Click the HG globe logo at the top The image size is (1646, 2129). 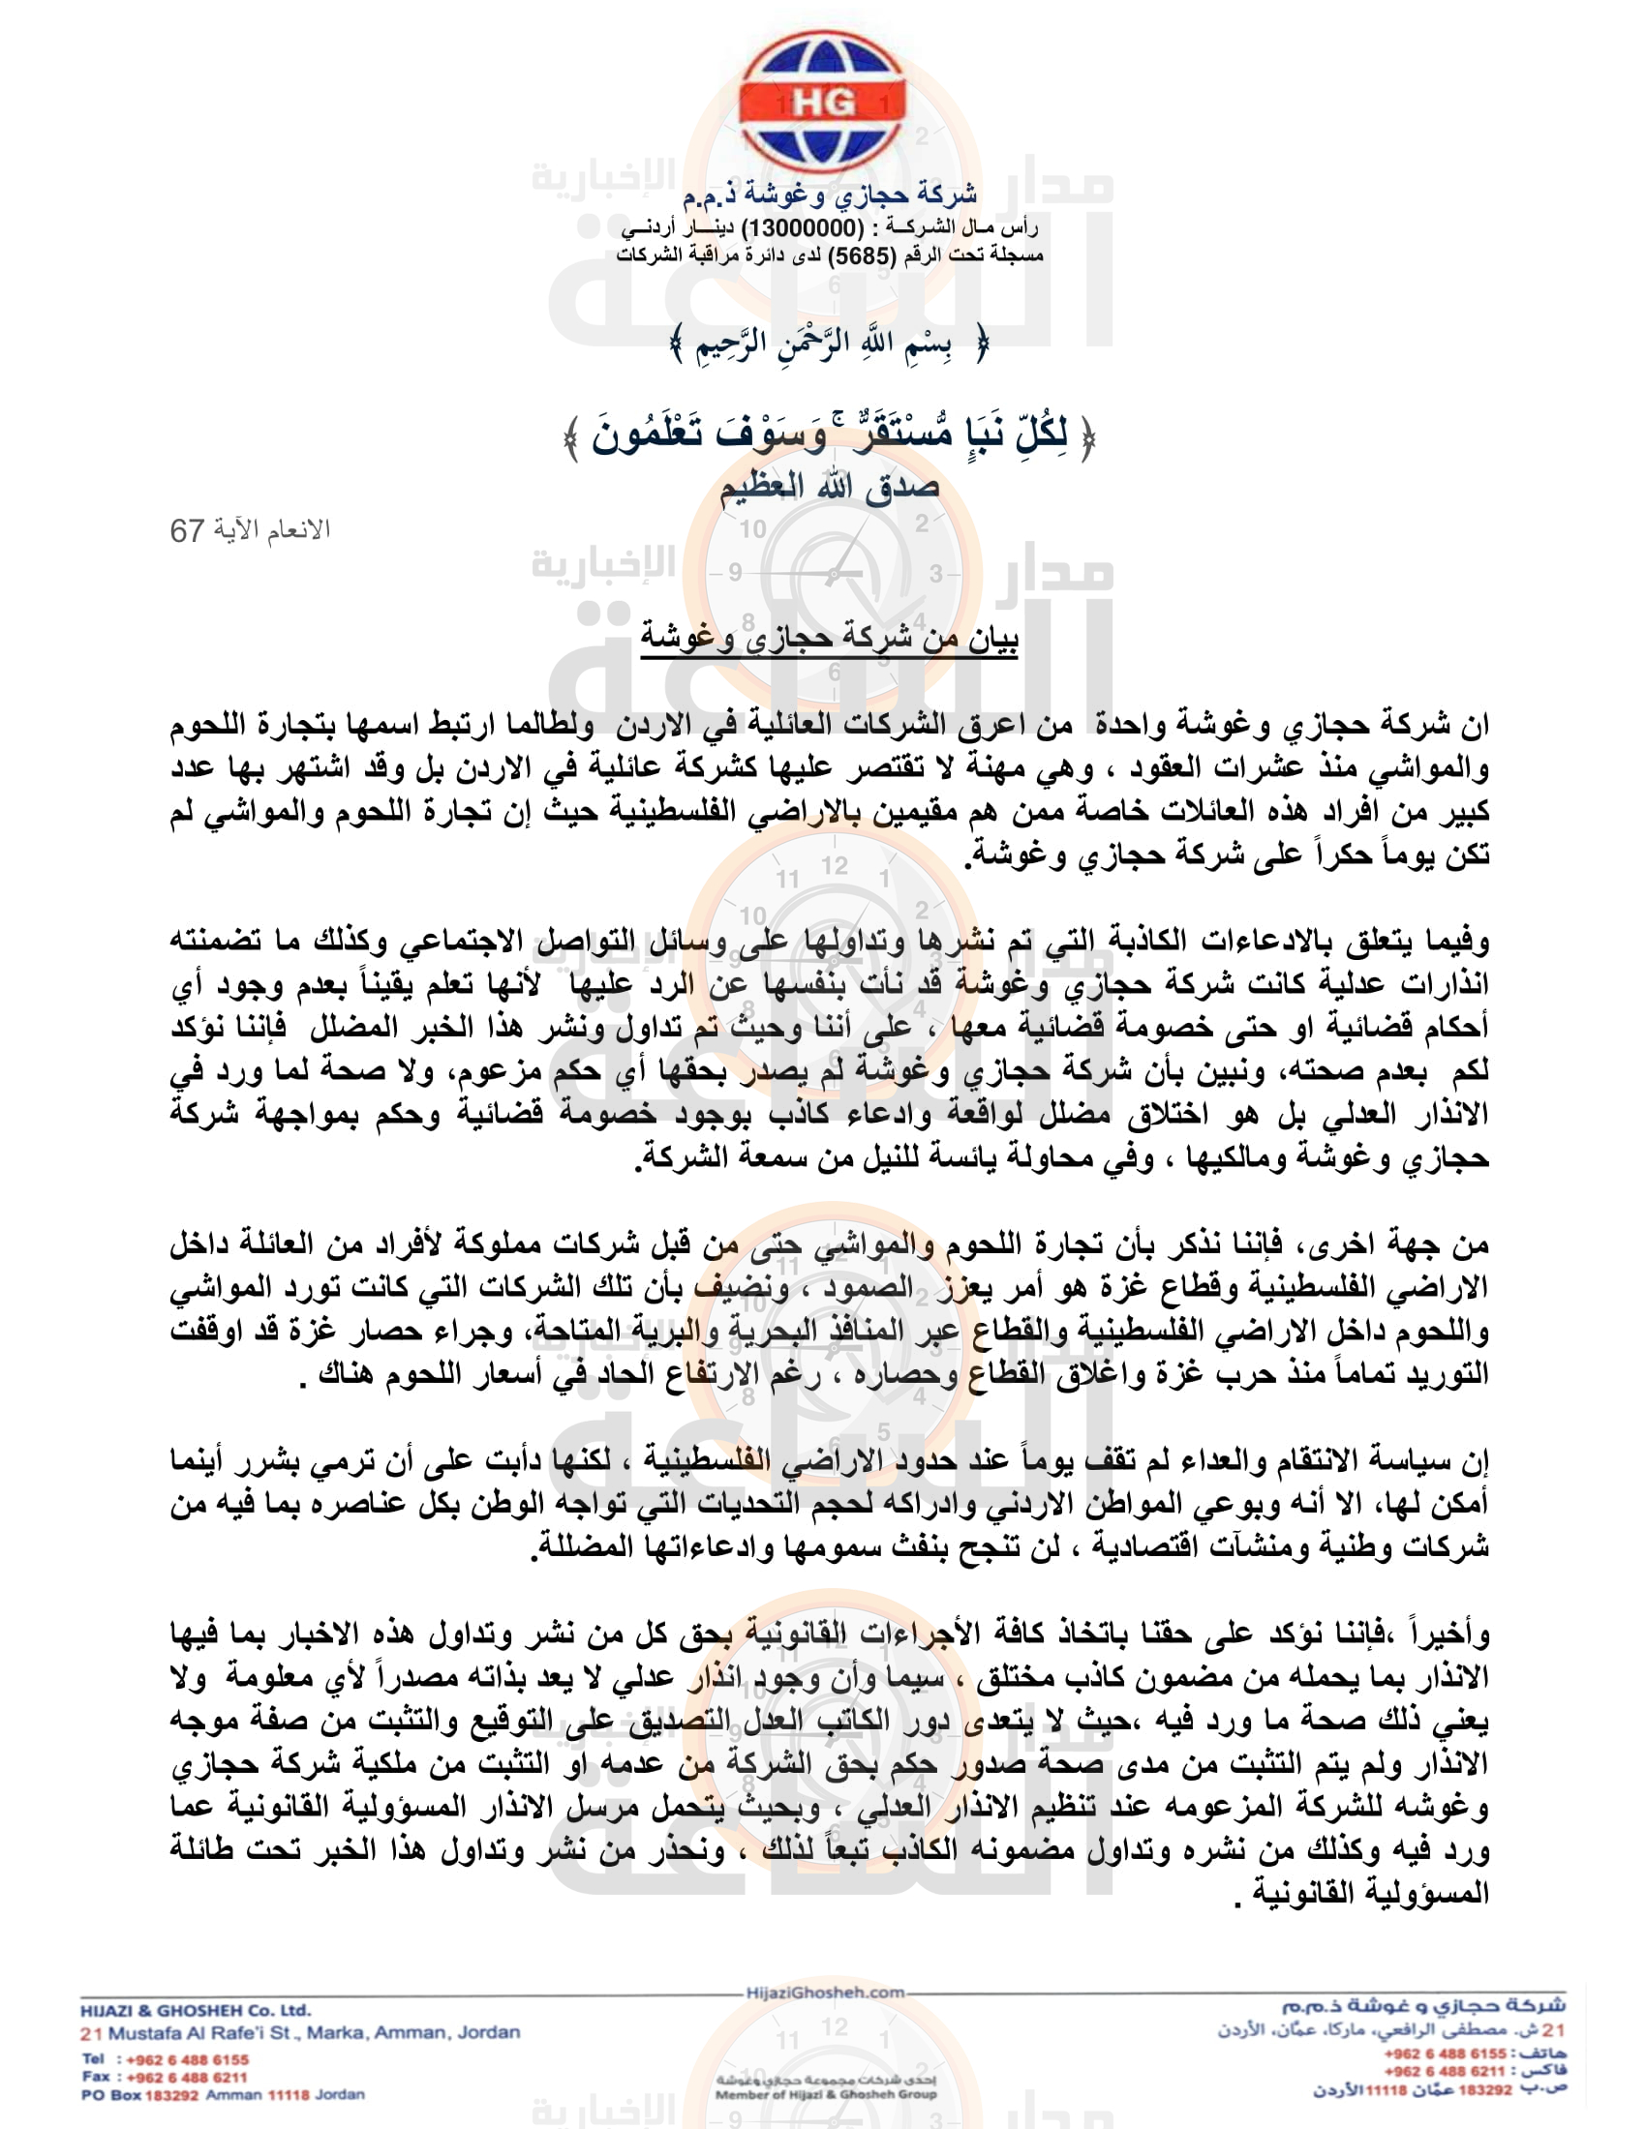822,103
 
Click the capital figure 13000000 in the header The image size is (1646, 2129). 803,228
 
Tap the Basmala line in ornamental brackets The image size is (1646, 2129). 829,344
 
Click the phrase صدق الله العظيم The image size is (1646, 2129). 829,487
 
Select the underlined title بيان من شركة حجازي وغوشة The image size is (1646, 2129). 829,638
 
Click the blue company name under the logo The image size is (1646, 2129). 829,195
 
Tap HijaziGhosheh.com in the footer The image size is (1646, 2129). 825,1993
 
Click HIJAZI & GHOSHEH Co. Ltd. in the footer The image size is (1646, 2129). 195,2010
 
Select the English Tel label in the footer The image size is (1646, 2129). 94,2058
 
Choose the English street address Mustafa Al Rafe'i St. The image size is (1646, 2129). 229,2033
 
